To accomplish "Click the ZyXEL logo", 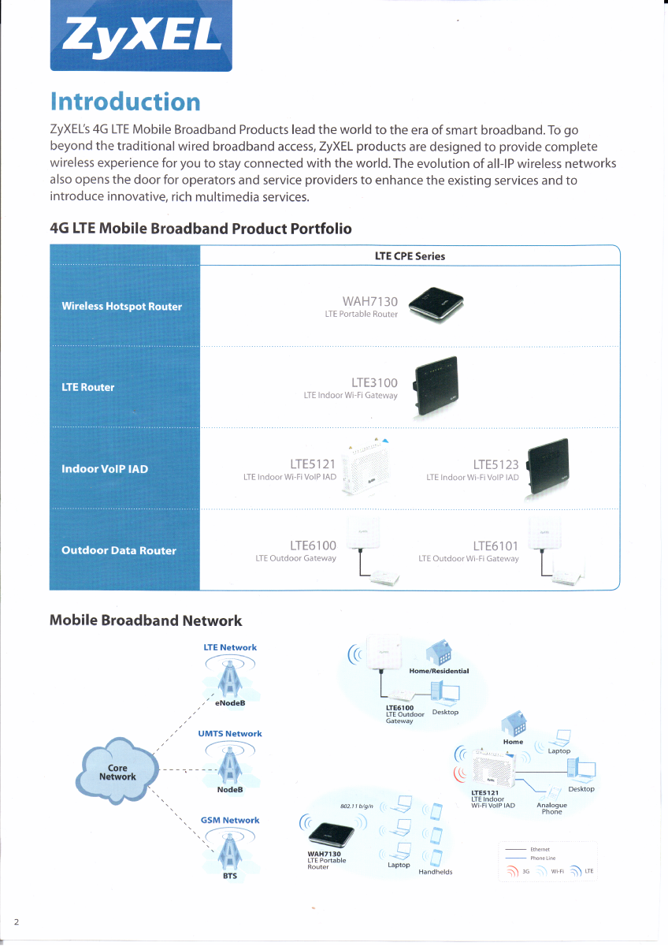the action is pyautogui.click(x=141, y=35).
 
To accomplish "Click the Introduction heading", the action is pyautogui.click(x=125, y=102).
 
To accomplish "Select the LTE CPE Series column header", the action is pyautogui.click(x=410, y=256).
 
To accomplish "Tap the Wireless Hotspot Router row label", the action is pyautogui.click(x=121, y=306).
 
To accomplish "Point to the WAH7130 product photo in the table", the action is pyautogui.click(x=436, y=304).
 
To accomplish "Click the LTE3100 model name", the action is pyautogui.click(x=374, y=382).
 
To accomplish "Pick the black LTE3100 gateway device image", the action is pyautogui.click(x=436, y=386).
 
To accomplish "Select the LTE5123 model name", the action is pyautogui.click(x=495, y=464).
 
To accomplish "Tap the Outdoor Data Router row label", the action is pyautogui.click(x=119, y=550).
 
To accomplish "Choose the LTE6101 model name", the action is pyautogui.click(x=495, y=546).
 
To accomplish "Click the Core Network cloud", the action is pyautogui.click(x=117, y=772).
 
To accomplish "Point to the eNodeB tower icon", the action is pyautogui.click(x=230, y=676).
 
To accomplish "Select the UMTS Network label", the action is pyautogui.click(x=230, y=734).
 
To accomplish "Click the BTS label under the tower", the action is pyautogui.click(x=230, y=876).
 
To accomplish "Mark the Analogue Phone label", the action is pyautogui.click(x=551, y=808).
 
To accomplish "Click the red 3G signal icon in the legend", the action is pyautogui.click(x=512, y=871).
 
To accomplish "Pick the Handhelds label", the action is pyautogui.click(x=436, y=872).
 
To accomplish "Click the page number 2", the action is pyautogui.click(x=17, y=922).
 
